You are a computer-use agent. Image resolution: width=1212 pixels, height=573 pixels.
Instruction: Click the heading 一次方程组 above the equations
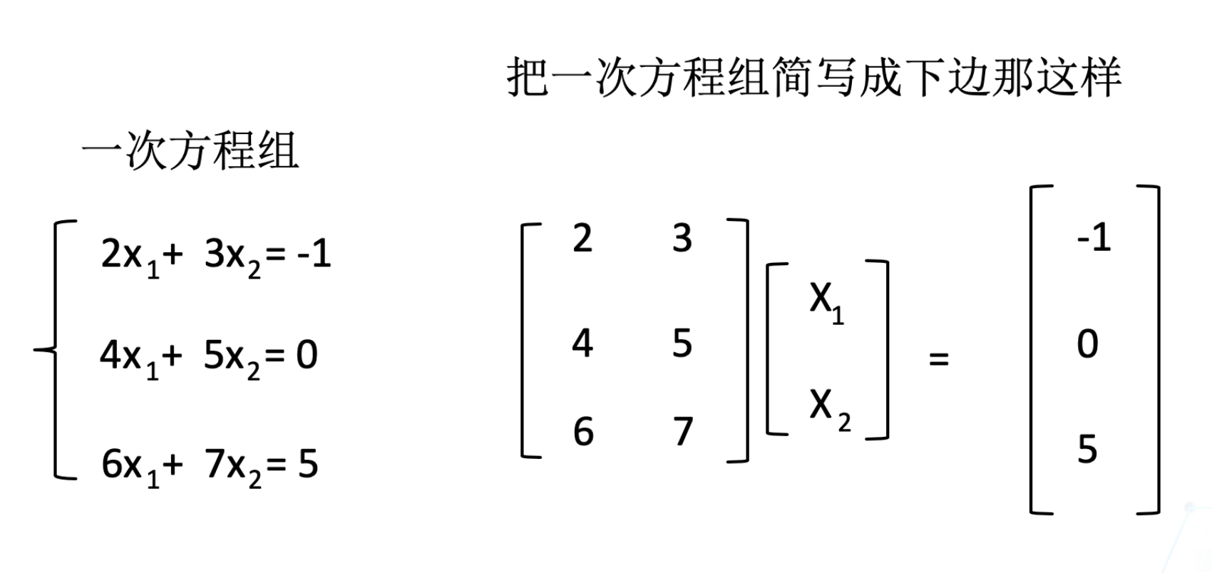(x=190, y=152)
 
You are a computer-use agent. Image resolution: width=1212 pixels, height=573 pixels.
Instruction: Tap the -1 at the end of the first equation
(x=314, y=253)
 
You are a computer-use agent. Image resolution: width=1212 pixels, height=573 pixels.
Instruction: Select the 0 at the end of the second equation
(x=307, y=354)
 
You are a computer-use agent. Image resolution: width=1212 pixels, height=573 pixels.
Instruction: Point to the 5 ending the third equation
(x=308, y=464)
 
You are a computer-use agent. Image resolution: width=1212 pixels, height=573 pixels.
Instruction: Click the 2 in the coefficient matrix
(x=582, y=238)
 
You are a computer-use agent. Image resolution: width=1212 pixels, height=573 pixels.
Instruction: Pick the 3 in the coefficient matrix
(x=682, y=238)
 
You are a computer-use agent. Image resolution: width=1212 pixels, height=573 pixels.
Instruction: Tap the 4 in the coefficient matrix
(x=582, y=344)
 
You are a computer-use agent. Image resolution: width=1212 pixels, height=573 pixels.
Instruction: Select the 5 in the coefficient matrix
(x=682, y=344)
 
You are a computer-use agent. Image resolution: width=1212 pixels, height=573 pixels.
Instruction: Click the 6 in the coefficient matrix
(x=583, y=432)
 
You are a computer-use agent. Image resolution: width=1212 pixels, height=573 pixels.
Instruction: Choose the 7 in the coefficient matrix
(x=683, y=432)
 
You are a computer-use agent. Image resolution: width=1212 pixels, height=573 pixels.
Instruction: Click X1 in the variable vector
(x=826, y=301)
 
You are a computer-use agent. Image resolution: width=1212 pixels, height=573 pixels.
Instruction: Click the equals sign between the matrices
(x=939, y=358)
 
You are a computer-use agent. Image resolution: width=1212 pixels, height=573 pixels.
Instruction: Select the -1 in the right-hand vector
(x=1094, y=237)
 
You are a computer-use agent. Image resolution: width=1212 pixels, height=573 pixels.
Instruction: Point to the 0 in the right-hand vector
(x=1087, y=344)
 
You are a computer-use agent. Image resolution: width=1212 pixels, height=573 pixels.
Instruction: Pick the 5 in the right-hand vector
(x=1087, y=450)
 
